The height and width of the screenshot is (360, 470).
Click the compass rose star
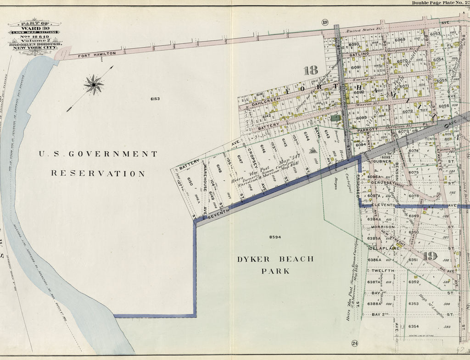coord(94,85)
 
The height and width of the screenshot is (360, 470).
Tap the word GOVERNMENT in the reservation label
coord(112,154)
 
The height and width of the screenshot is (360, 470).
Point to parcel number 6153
coord(153,99)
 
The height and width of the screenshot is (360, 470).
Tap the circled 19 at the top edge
coord(325,22)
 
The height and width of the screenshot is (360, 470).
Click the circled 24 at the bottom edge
coord(354,343)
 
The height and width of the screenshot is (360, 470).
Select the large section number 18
coord(310,70)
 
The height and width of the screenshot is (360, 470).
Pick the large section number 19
coord(430,256)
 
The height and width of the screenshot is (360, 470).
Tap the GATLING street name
coord(359,54)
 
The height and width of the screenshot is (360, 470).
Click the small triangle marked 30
coord(313,151)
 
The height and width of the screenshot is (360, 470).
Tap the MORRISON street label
coord(382,227)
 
